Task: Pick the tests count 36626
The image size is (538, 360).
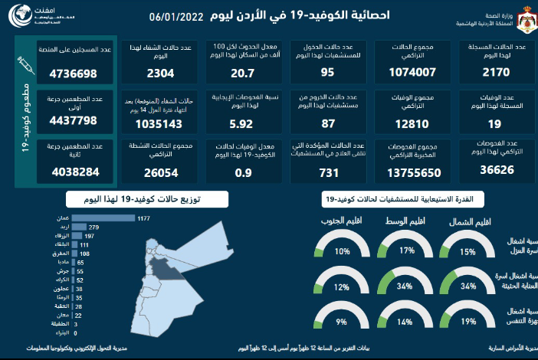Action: tap(492, 173)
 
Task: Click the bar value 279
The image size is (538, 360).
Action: tap(79, 227)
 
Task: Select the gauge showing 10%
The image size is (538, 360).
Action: tap(342, 250)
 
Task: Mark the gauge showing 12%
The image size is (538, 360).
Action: tap(342, 286)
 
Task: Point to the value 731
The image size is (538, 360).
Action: tap(327, 173)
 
